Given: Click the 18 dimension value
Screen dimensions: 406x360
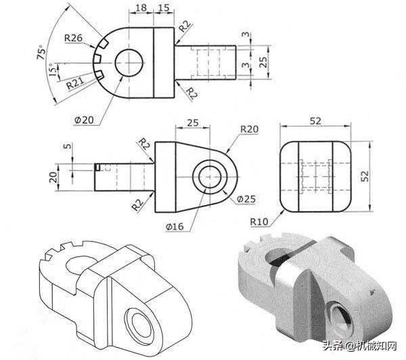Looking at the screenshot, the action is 141,7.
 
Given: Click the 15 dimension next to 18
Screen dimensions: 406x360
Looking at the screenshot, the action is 163,7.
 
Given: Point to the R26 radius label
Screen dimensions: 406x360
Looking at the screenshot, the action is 73,38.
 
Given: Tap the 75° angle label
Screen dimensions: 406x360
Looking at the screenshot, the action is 41,53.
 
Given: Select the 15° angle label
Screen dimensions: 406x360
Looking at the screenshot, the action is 53,70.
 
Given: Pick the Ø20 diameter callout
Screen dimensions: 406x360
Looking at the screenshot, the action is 84,120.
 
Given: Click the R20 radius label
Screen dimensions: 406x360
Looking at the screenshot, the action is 249,129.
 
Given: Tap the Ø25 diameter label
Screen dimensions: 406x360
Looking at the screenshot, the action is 246,199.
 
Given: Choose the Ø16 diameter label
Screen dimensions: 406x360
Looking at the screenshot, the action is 175,227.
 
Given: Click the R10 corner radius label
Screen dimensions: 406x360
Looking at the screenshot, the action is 259,222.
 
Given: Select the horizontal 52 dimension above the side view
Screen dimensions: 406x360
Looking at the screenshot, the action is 315,121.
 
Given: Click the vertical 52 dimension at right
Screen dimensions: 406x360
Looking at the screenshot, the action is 365,176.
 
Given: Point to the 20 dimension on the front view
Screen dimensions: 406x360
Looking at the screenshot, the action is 53,177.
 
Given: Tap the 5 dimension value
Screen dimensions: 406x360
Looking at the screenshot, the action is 67,146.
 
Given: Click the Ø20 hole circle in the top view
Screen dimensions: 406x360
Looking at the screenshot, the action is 129,63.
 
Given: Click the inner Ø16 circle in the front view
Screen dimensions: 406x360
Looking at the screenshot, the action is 210,177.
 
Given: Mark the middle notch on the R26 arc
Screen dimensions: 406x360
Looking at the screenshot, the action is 97,58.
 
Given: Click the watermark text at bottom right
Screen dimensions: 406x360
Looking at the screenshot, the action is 360,346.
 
